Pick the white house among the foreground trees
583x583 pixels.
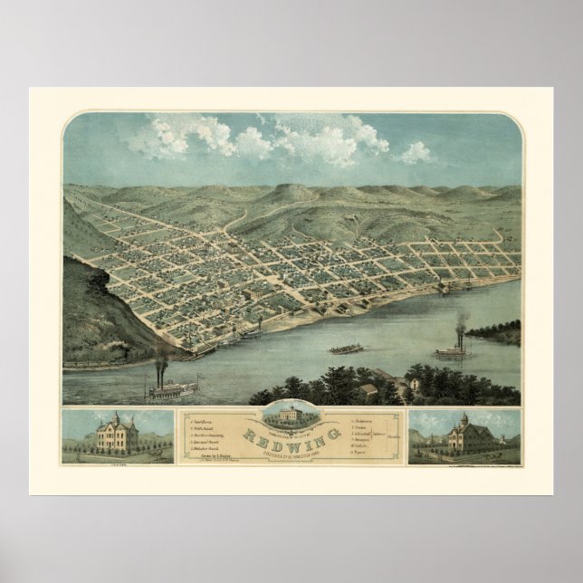pyautogui.click(x=368, y=388)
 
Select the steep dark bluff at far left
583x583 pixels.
pyautogui.click(x=95, y=308)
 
